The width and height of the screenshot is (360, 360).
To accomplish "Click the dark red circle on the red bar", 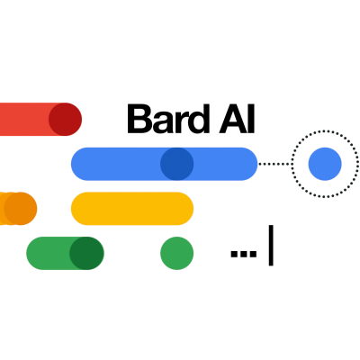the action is pos(65,119).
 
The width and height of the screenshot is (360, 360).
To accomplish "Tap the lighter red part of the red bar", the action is pos(24,119).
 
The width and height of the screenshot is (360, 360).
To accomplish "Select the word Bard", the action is pos(168,119).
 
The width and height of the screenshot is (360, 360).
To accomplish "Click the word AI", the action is pos(237,119).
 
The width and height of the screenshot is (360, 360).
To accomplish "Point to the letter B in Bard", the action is pos(139,119).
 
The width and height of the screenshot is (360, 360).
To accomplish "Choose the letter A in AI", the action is pos(233,119).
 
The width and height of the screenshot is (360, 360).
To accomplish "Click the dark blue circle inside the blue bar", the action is pos(176,164).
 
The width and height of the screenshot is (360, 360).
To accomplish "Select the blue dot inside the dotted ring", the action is pos(325,164).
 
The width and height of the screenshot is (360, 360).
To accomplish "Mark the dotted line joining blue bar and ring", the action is pos(274,164).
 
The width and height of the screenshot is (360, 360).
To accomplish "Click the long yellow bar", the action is pos(132,209).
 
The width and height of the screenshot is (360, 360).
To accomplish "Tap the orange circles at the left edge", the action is pos(17,209).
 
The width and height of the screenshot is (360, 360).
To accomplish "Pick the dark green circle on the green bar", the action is pos(86,253).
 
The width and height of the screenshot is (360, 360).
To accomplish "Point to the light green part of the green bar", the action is pos(49,253).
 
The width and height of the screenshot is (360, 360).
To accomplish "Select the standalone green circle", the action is pos(176,253).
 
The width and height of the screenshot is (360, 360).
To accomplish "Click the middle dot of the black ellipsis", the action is pos(244,254).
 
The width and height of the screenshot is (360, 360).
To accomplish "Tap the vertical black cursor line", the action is pos(271,246).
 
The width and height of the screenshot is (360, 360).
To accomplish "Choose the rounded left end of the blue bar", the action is pos(78,164).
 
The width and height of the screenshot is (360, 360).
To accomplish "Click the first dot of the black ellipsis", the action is pos(234,254).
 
